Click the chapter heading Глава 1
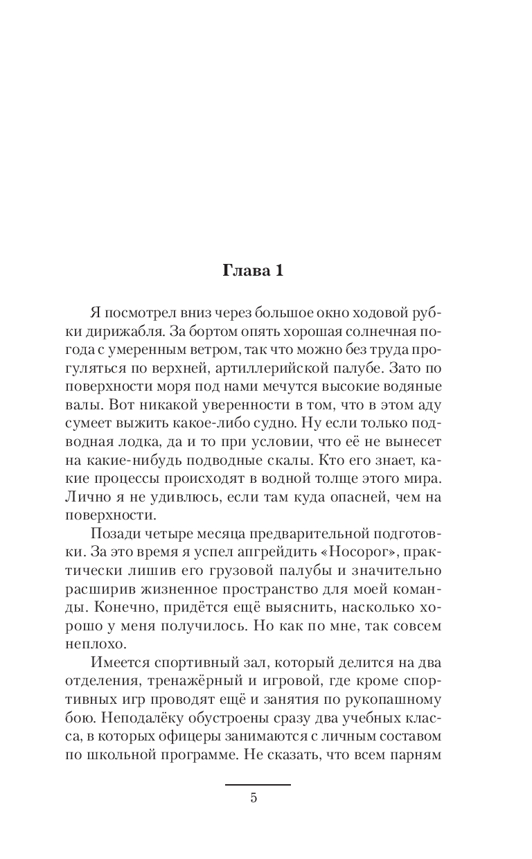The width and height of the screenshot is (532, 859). click(x=253, y=270)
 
